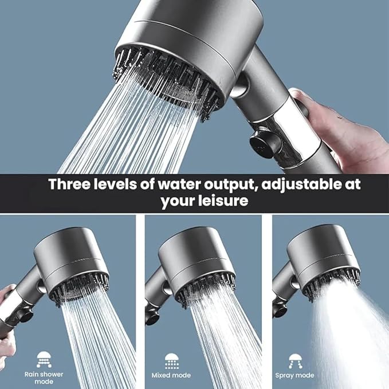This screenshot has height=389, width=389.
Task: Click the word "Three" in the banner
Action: [69, 184]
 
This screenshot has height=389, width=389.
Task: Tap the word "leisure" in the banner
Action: [223, 200]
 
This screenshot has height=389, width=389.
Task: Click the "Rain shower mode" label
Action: [44, 378]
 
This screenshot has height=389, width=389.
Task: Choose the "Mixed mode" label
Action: [171, 375]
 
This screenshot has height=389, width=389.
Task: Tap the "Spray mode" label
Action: [294, 375]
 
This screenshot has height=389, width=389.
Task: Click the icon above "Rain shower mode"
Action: [44, 359]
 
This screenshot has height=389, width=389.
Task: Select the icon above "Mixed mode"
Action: [171, 361]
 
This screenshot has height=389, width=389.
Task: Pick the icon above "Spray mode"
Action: [295, 361]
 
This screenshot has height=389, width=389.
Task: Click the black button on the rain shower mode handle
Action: [26, 315]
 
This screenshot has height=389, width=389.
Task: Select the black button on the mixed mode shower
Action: [151, 317]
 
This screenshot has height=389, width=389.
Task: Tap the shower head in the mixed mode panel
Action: [197, 265]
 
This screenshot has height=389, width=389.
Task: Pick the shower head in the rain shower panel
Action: [71, 265]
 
